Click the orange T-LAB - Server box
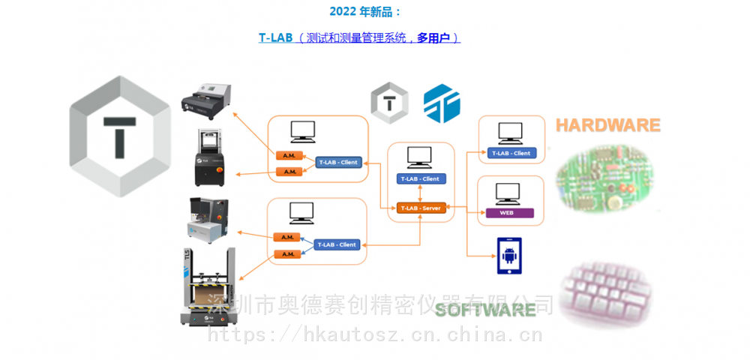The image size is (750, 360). [x=421, y=208]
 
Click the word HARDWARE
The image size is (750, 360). [x=608, y=125]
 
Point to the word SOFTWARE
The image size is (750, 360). [x=486, y=309]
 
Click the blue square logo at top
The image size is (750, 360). [x=442, y=103]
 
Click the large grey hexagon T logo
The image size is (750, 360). [x=119, y=136]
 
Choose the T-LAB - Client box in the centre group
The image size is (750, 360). [x=420, y=178]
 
